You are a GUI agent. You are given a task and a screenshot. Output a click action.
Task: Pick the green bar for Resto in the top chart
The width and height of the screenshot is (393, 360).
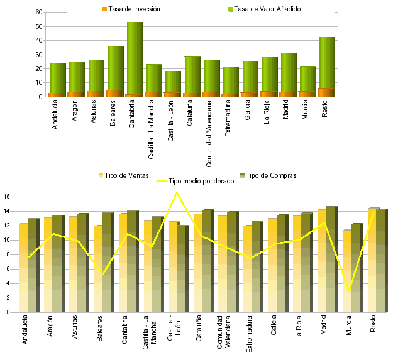point(327,63)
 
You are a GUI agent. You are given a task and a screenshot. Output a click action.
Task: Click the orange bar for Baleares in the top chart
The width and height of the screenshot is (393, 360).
point(114,93)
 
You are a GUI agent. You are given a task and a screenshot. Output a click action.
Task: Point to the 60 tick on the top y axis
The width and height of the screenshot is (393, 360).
point(38,13)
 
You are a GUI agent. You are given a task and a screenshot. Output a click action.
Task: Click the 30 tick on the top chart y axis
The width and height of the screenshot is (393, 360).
point(38,55)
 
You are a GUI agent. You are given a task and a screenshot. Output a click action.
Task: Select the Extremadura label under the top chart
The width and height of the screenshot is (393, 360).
point(231,117)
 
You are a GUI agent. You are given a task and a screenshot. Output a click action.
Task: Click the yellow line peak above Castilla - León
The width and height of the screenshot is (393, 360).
point(177,192)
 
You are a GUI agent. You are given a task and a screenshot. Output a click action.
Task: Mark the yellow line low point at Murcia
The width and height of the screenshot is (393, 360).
point(349,290)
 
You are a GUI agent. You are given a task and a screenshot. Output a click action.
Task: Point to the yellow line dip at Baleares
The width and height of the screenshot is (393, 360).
point(102,274)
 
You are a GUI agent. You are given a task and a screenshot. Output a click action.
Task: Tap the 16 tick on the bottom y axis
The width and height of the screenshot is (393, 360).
point(7,197)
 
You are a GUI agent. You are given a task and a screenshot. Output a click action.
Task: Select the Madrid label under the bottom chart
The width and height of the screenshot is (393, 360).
point(324,329)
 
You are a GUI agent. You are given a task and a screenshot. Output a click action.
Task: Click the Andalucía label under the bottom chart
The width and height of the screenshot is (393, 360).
point(25,332)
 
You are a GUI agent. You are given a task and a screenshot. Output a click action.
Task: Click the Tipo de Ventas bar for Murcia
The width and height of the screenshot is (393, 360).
point(347,270)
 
